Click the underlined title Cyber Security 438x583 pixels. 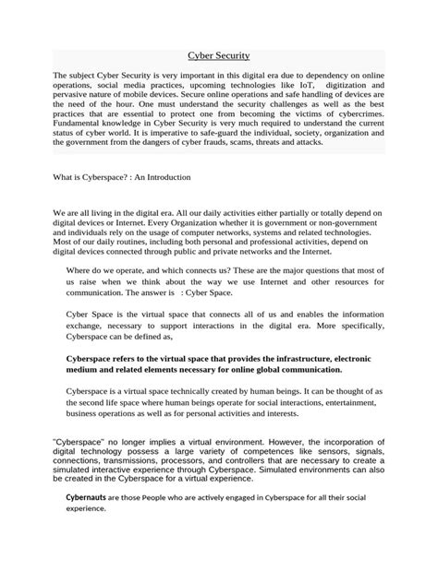click(x=219, y=56)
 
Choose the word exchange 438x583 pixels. click(x=91, y=327)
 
